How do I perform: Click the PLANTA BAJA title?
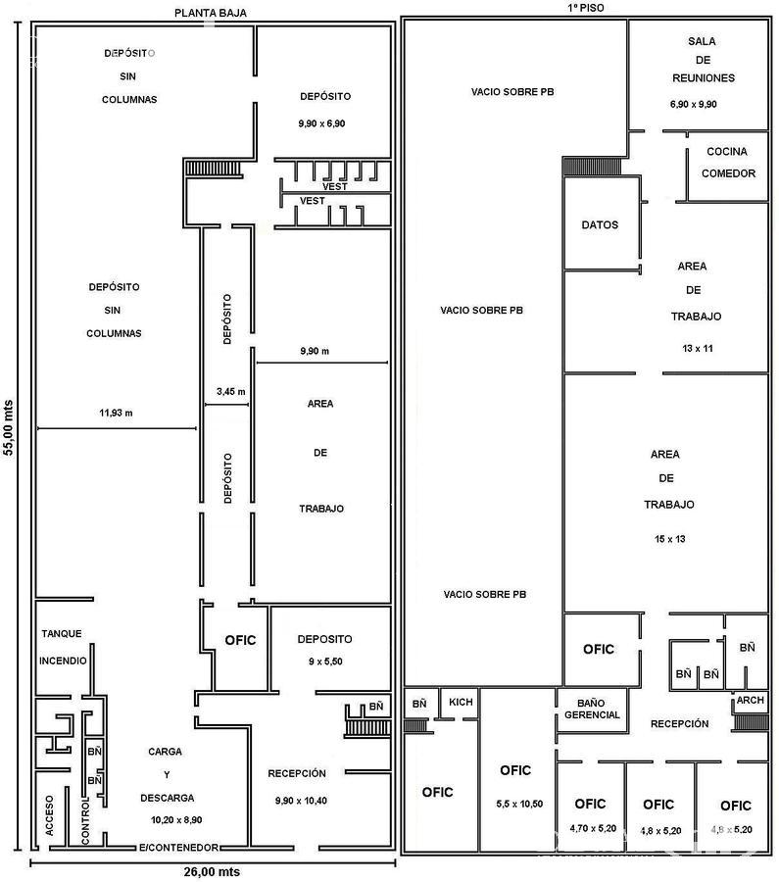point(211,13)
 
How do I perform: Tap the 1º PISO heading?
point(586,7)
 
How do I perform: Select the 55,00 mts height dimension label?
point(8,427)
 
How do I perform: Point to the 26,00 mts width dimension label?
point(212,872)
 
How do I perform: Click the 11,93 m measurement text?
point(116,413)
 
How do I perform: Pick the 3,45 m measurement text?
point(230,391)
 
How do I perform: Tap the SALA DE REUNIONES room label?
point(704,60)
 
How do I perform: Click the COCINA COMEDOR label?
point(728,163)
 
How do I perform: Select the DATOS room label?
point(600,225)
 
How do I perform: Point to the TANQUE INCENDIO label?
point(63,647)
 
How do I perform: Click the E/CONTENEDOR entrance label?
point(178,847)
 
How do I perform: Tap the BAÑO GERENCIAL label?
point(592,709)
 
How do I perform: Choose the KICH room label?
point(461,702)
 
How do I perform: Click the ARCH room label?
point(751,700)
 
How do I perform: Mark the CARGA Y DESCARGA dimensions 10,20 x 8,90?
point(176,820)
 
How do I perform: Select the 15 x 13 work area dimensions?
point(669,539)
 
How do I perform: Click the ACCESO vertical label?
point(50,815)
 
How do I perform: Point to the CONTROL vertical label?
point(85,820)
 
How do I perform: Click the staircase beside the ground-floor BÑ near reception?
point(366,721)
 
